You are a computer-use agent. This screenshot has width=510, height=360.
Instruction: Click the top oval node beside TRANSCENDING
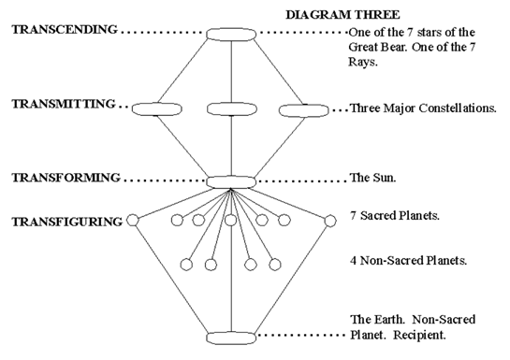[x=231, y=34]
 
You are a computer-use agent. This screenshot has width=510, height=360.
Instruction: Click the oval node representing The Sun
[x=231, y=180]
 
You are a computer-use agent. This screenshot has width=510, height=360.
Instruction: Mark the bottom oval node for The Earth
[x=231, y=336]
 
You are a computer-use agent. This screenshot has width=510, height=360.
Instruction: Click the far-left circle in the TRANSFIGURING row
[x=132, y=221]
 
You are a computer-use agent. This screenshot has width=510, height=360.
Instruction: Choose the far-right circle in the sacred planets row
[x=330, y=221]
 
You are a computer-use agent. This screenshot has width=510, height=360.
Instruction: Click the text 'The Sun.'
[x=373, y=177]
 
